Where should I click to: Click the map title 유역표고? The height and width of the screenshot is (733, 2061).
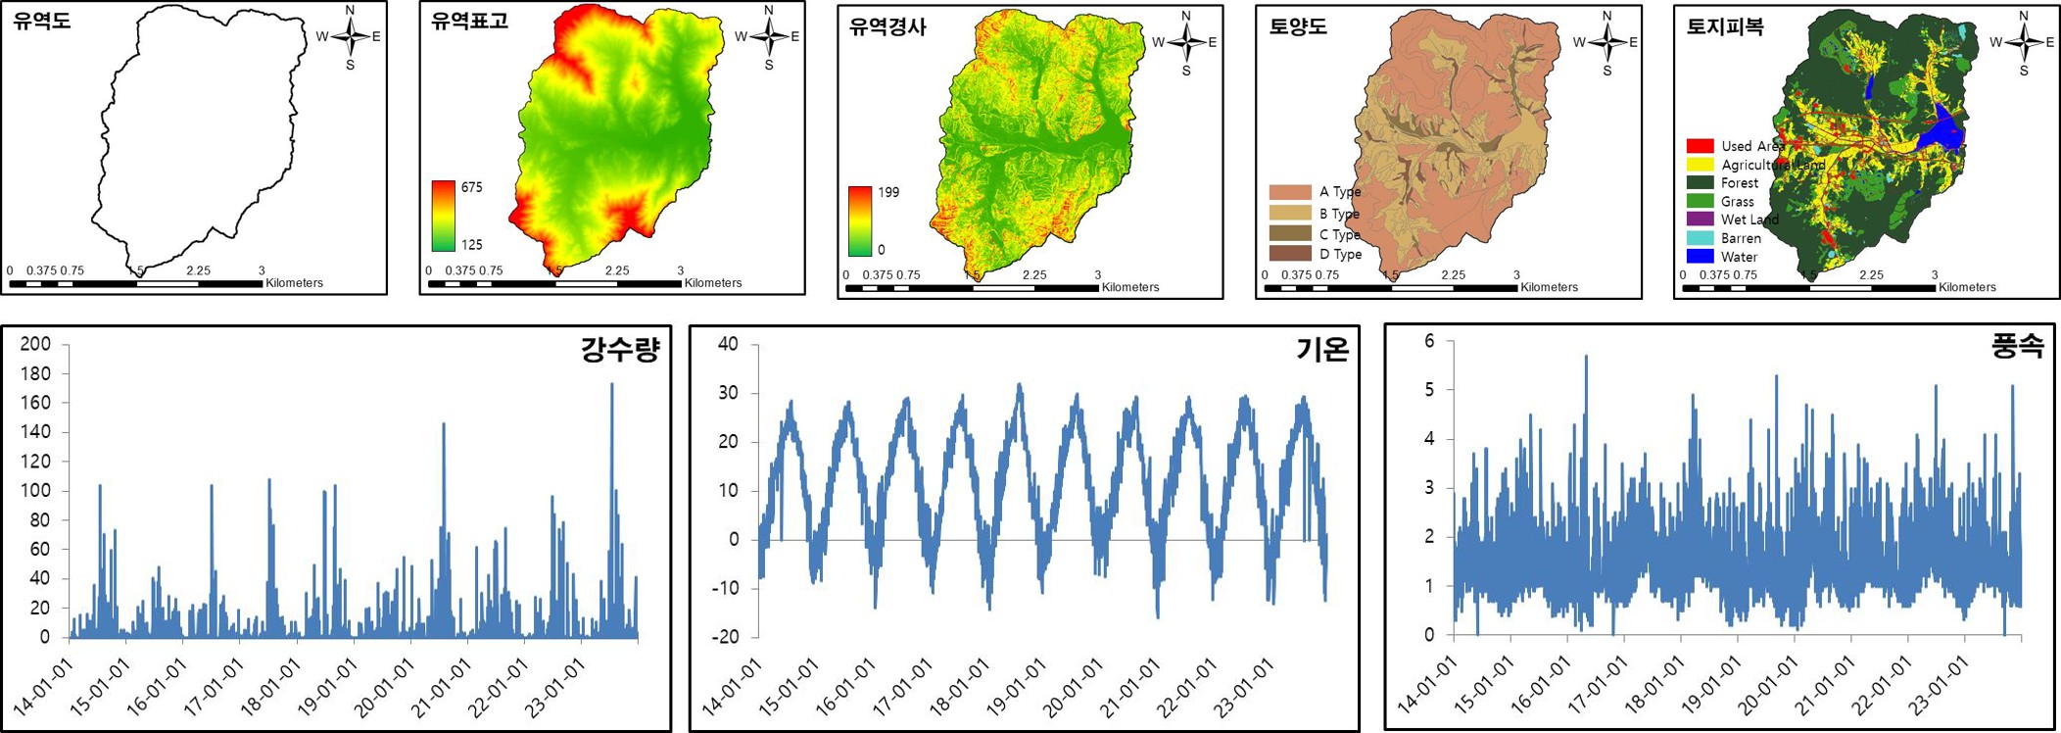[470, 22]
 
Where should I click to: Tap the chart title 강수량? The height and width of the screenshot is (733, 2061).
[620, 350]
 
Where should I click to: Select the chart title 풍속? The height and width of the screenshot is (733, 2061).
[2017, 346]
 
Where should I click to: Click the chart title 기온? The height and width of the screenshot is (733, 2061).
[1321, 350]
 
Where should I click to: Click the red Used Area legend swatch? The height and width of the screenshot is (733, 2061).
[1700, 146]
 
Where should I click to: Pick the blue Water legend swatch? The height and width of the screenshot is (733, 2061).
[1700, 257]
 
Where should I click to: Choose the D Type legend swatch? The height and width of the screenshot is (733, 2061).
[1289, 254]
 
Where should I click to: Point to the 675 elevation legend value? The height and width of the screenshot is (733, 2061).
[471, 187]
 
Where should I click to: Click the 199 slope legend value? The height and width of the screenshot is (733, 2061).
[888, 192]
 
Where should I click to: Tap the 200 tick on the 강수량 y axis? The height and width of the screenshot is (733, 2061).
[35, 344]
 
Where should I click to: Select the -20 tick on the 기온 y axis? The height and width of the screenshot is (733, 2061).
[727, 637]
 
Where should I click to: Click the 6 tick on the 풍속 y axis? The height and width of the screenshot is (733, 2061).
[1429, 341]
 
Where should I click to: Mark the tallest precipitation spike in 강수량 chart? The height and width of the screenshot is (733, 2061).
[612, 384]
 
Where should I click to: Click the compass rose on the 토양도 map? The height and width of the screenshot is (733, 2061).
[1606, 42]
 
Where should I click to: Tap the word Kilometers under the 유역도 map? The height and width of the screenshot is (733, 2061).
[294, 283]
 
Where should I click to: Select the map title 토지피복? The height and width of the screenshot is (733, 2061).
[1724, 27]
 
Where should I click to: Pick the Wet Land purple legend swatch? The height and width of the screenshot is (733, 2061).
[1700, 220]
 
